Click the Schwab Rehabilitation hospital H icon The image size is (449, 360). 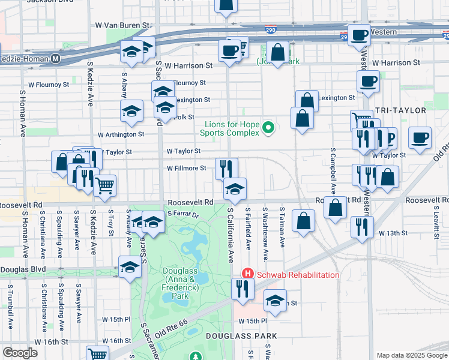click(245, 274)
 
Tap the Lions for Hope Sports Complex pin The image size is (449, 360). click(269, 127)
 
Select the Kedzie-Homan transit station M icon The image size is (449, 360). click(56, 58)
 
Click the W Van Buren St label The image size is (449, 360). click(122, 26)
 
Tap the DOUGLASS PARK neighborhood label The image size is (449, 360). click(241, 336)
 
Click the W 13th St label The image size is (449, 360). click(391, 233)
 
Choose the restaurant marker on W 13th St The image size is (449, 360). click(361, 226)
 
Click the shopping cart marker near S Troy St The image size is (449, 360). click(105, 185)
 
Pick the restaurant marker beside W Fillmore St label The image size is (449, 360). click(226, 166)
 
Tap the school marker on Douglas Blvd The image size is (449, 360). click(130, 267)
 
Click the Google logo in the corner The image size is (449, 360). click(20, 353)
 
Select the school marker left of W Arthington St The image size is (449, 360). click(132, 110)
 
